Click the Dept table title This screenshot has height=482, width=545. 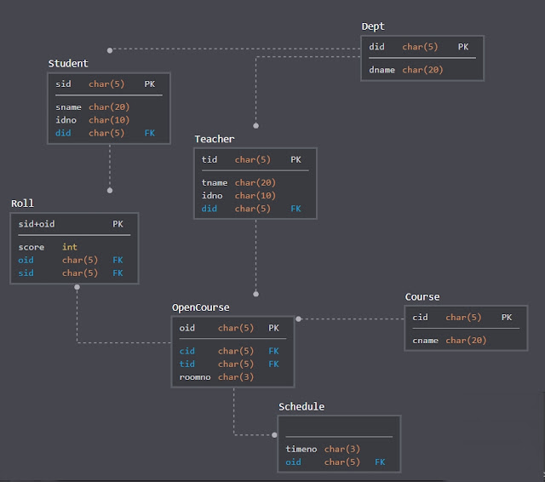(x=373, y=26)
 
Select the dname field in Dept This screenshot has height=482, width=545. (x=381, y=70)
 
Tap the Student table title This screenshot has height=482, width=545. (x=68, y=64)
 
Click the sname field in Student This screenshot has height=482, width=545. (x=68, y=107)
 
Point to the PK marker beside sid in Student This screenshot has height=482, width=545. (x=150, y=84)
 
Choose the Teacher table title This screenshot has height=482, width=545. (x=215, y=139)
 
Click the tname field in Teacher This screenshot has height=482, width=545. (x=215, y=182)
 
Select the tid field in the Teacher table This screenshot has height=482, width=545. (x=209, y=159)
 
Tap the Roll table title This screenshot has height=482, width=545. (x=23, y=204)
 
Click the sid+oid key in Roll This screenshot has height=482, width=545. (x=37, y=224)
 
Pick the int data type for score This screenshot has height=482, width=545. (x=69, y=247)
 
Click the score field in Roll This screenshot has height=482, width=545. (x=32, y=247)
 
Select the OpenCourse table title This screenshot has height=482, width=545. (x=201, y=307)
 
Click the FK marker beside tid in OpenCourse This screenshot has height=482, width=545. (x=273, y=364)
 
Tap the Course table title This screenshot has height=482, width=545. (x=422, y=297)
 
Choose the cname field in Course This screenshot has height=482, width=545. (x=426, y=341)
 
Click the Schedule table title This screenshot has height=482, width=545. (x=301, y=406)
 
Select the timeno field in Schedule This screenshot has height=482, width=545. (x=301, y=449)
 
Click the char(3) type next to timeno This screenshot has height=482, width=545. (x=342, y=449)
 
